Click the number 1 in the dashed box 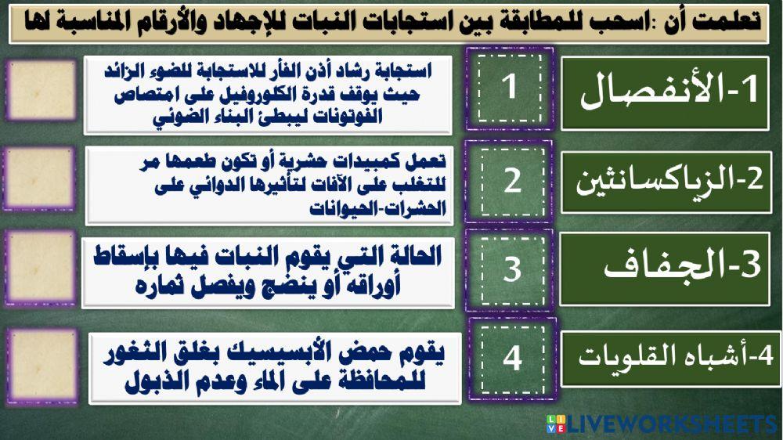(510, 87)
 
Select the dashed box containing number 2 (511, 181)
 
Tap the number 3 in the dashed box (511, 269)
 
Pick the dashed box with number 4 (512, 359)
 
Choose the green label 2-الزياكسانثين (666, 181)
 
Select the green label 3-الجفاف (666, 269)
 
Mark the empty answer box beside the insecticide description (40, 180)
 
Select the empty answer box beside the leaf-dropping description (40, 268)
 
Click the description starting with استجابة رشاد (268, 95)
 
